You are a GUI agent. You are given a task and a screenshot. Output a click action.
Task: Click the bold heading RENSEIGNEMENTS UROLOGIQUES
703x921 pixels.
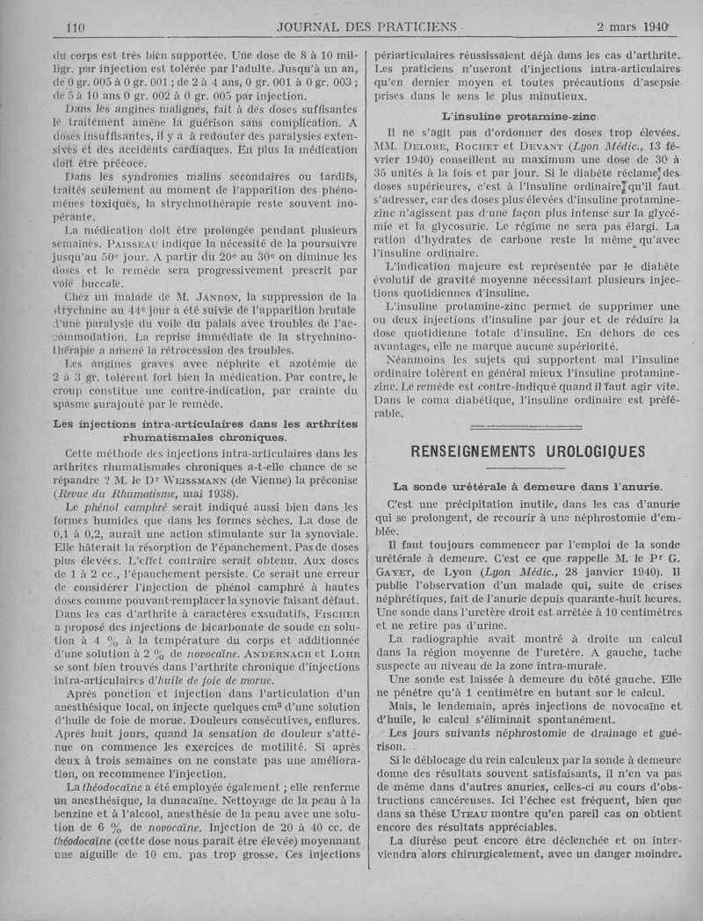coord(528,452)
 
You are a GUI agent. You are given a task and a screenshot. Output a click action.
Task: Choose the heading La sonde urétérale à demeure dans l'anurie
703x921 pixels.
coord(527,486)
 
